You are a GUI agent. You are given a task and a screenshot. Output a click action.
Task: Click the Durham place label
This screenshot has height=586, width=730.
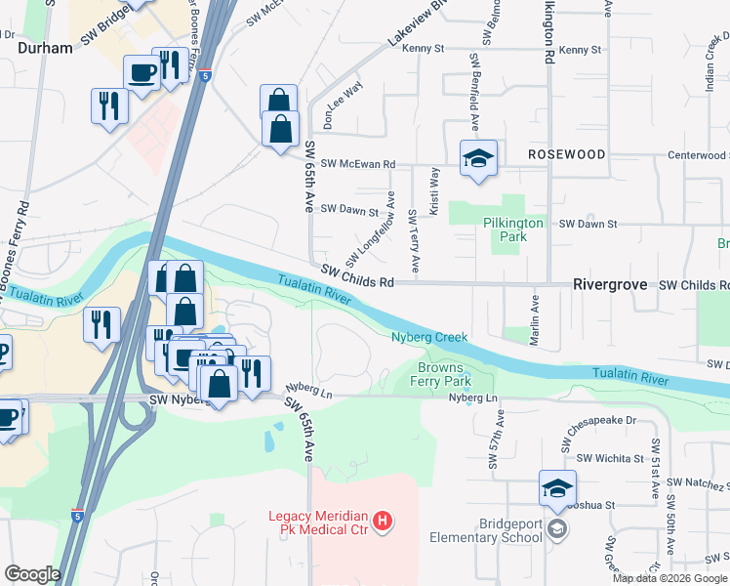45,49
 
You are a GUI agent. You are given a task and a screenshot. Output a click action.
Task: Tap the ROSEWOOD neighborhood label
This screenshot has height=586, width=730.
567,155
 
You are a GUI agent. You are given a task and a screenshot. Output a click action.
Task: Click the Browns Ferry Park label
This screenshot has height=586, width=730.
444,375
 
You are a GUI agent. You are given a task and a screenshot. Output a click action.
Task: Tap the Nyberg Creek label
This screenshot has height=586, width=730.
429,338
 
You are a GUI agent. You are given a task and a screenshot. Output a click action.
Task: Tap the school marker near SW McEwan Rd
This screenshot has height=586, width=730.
479,159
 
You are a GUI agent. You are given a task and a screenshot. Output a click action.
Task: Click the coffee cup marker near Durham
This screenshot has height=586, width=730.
142,74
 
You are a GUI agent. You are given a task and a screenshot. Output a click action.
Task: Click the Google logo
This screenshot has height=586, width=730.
33,574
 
